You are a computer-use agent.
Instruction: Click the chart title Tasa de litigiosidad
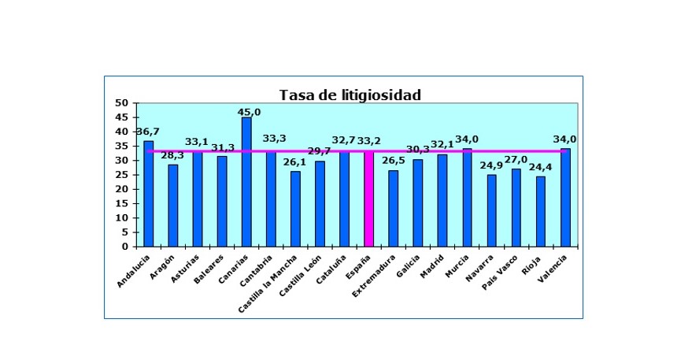click(x=350, y=95)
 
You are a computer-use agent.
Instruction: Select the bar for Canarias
click(x=246, y=181)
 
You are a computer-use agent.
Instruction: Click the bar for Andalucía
click(x=149, y=193)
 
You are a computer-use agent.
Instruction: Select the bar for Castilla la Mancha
click(x=295, y=209)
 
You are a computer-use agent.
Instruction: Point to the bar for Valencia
click(x=565, y=197)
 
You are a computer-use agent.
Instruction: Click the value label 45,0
click(x=249, y=112)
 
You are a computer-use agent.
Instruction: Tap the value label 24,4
click(x=540, y=169)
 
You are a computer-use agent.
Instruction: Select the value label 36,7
click(x=148, y=132)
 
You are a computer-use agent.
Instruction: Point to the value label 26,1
click(x=294, y=162)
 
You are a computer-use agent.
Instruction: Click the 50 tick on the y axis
click(x=122, y=103)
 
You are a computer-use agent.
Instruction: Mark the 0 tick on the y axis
click(x=125, y=247)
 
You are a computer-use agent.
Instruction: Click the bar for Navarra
click(x=491, y=210)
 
